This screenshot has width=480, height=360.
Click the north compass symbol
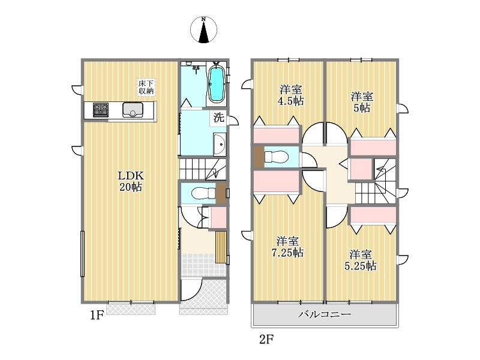pyautogui.click(x=203, y=29)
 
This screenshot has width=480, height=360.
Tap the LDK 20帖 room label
pyautogui.click(x=131, y=181)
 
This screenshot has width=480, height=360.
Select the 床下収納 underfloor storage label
pyautogui.click(x=146, y=87)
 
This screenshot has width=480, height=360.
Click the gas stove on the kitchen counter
pyautogui.click(x=101, y=110)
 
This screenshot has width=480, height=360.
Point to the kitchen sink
pyautogui.click(x=133, y=110)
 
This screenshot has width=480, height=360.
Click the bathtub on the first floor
pyautogui.click(x=217, y=82)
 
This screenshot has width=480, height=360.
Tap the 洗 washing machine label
pyautogui.click(x=218, y=118)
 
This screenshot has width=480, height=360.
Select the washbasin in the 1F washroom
pyautogui.click(x=220, y=145)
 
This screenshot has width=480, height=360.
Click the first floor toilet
pyautogui.click(x=203, y=193)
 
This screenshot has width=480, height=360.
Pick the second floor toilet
pyautogui.click(x=277, y=157)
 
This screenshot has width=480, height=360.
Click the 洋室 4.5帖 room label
pyautogui.click(x=291, y=95)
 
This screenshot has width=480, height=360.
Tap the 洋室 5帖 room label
pyautogui.click(x=362, y=102)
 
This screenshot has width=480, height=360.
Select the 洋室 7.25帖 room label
pyautogui.click(x=287, y=247)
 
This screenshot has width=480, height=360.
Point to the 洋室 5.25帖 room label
pyautogui.click(x=361, y=260)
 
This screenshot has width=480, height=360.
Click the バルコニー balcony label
pyautogui.click(x=325, y=314)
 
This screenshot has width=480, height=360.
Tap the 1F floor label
pyautogui.click(x=97, y=315)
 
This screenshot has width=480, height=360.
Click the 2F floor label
pyautogui.click(x=266, y=339)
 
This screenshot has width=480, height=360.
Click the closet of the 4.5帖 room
pyautogui.click(x=276, y=134)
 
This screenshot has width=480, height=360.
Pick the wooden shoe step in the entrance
pyautogui.click(x=221, y=247)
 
